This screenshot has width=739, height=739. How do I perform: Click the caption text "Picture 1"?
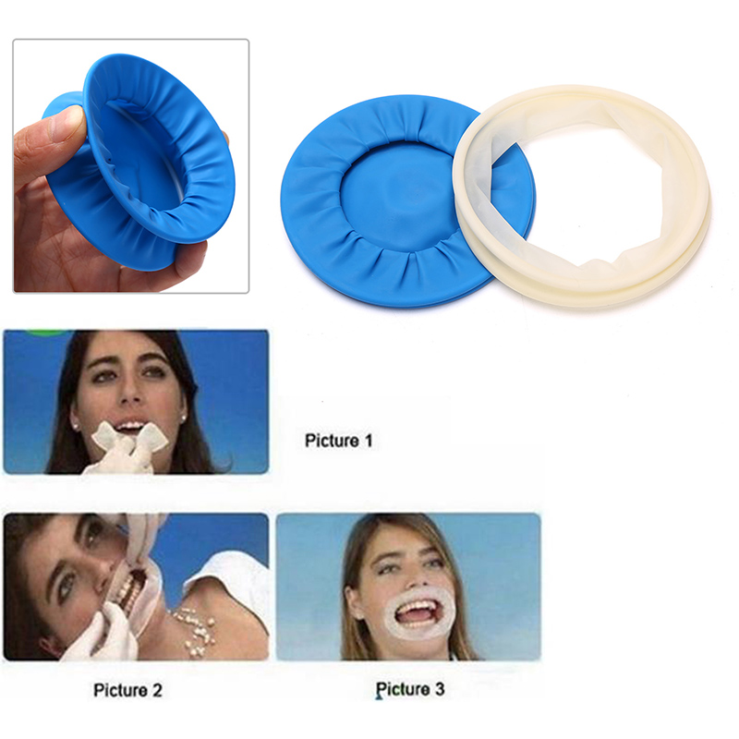point(339,441)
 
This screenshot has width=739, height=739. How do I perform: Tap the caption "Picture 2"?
point(127,690)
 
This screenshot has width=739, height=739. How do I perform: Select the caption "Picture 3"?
point(410,689)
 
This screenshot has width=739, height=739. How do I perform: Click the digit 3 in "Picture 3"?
point(440,689)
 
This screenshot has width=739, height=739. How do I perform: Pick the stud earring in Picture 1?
point(76,426)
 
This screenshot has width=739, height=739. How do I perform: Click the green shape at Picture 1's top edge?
point(46,333)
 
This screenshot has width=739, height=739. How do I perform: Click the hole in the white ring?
point(585,193)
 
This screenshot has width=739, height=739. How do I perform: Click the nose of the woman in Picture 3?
point(409,575)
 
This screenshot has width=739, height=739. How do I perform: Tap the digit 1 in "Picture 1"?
point(369,441)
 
